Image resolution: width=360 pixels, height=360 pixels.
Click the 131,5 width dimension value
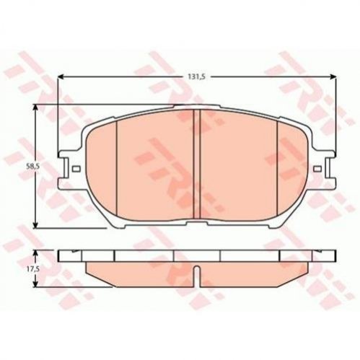(197, 76)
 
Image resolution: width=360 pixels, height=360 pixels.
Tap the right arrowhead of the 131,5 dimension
(333, 76)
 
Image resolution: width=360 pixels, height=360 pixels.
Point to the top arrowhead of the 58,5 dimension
(36, 107)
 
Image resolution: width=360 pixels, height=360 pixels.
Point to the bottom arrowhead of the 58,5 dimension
(36, 224)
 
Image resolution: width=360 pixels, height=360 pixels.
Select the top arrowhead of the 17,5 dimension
(36, 253)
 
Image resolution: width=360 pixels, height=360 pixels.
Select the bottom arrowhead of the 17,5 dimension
(36, 284)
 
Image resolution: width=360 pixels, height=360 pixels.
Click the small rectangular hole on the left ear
(76, 169)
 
